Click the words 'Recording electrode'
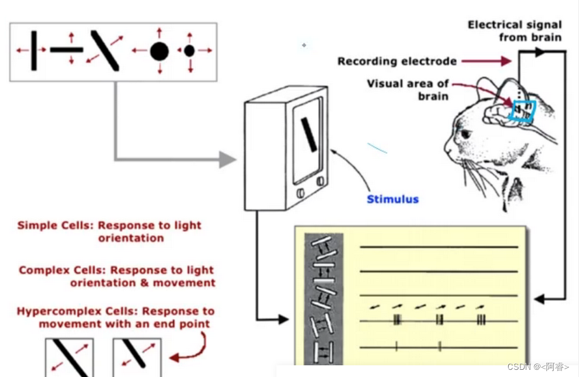tap(396, 62)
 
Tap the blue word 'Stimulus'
tap(392, 199)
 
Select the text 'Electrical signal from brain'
tap(514, 31)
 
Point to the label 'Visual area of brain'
tap(407, 90)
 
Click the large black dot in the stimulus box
tap(159, 51)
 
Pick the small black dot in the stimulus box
tap(189, 50)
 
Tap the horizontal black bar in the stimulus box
tap(66, 49)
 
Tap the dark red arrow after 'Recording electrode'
tap(497, 61)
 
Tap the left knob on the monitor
tap(301, 193)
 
